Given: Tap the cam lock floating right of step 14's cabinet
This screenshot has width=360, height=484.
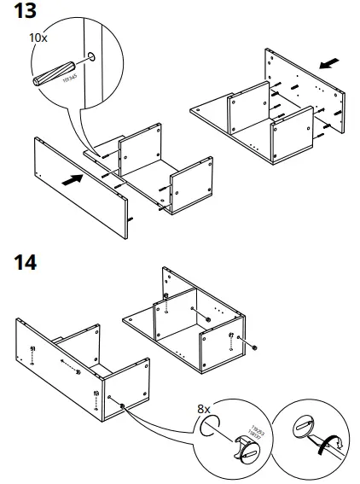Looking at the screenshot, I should click(255, 347).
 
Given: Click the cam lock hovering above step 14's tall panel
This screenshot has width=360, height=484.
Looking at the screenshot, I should click(166, 285).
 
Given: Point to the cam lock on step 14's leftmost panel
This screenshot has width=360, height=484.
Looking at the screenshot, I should click(32, 351).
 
